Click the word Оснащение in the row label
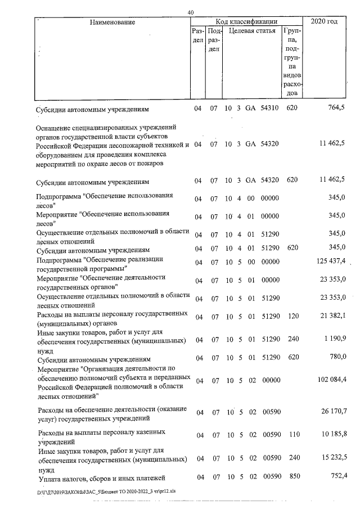(x=56, y=127)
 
